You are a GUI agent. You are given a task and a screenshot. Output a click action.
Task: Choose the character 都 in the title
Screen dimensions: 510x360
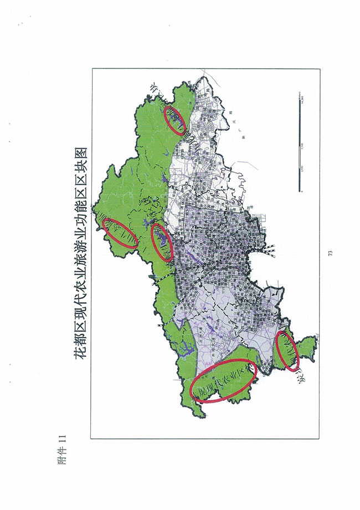(79, 338)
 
